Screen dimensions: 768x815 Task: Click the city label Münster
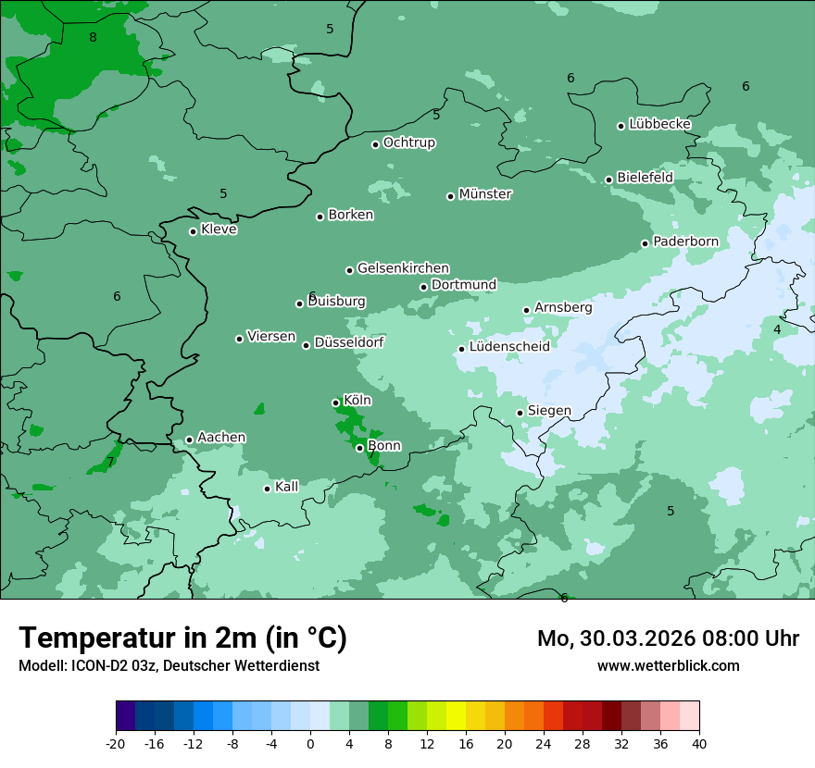[485, 194]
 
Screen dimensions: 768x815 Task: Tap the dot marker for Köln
[336, 403]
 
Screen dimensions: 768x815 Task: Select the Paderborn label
[685, 242]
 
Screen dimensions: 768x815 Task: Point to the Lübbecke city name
[659, 124]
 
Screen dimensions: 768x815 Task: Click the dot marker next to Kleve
[194, 231]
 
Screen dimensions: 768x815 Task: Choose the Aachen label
[221, 438]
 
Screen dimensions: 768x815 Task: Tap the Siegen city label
[549, 411]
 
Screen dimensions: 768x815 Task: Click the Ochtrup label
[408, 142]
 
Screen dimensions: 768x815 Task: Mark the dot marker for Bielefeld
[609, 180]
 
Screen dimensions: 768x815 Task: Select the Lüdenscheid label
[509, 347]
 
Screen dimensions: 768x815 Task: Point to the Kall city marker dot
[268, 489]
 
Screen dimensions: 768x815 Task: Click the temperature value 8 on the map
[93, 37]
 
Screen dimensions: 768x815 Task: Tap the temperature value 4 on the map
[777, 329]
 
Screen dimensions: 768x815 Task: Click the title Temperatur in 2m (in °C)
[182, 638]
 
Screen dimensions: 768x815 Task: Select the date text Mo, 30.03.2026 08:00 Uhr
[668, 638]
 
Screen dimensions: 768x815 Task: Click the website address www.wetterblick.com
[668, 665]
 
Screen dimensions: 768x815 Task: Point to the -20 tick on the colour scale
[116, 744]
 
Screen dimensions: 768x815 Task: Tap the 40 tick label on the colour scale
[698, 744]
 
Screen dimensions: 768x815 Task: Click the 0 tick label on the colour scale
[310, 744]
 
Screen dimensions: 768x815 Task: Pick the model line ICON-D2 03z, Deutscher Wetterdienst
[169, 665]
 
